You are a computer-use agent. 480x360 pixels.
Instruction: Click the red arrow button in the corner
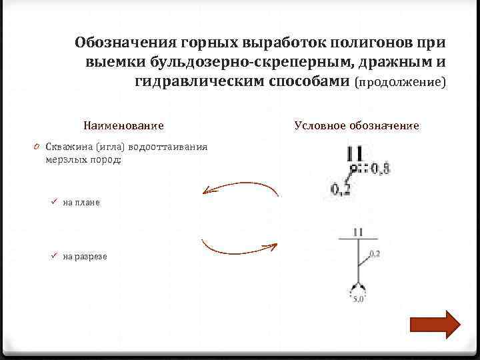(435, 325)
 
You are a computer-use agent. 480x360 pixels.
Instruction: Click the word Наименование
(123, 125)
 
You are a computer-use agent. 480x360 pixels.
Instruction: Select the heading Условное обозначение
(356, 125)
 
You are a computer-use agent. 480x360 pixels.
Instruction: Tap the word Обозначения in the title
(124, 43)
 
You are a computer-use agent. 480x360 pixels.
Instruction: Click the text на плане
(81, 202)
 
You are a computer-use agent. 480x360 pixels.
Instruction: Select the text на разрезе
(85, 256)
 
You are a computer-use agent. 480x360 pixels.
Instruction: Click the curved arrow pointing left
(240, 189)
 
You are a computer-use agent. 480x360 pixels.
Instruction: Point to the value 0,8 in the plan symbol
(381, 170)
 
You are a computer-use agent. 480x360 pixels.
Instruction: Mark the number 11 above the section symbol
(358, 231)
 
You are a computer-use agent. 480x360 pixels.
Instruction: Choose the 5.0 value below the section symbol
(358, 299)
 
